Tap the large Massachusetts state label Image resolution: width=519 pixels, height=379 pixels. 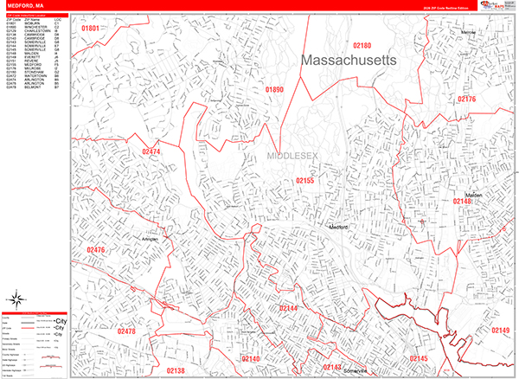click(x=349, y=61)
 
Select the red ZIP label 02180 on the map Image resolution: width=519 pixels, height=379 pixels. click(x=362, y=45)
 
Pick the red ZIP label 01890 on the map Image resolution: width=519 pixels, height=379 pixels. click(x=274, y=89)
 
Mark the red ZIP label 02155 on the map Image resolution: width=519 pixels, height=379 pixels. click(x=305, y=181)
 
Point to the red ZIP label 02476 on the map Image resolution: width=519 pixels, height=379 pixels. click(x=96, y=250)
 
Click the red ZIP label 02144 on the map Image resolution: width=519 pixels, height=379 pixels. click(x=288, y=309)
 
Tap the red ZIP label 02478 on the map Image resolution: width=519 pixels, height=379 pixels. click(x=126, y=331)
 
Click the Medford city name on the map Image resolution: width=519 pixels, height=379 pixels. click(x=338, y=227)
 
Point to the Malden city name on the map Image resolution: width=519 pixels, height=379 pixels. click(x=472, y=196)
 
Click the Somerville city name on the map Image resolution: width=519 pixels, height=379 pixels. click(x=355, y=371)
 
